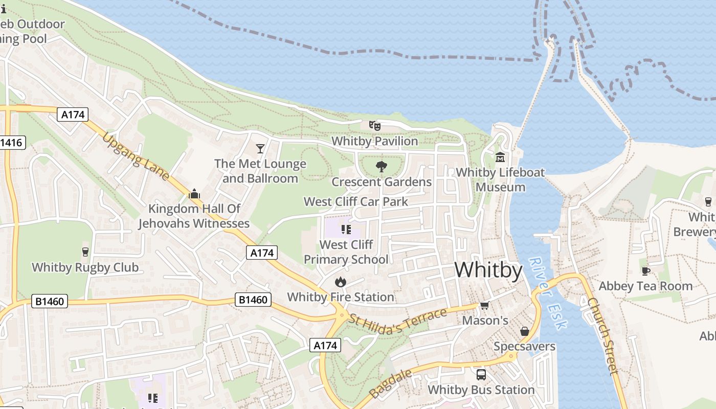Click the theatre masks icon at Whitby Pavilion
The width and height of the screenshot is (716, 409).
click(x=375, y=125)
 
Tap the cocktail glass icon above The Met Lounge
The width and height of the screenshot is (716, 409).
click(x=260, y=148)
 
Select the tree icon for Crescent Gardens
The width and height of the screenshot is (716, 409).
click(x=381, y=166)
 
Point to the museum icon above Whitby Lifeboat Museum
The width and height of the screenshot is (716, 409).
click(x=500, y=157)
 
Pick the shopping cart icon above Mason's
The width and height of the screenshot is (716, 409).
click(x=484, y=305)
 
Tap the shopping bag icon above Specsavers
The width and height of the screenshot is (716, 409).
click(x=524, y=331)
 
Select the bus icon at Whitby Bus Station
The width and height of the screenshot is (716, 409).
click(x=481, y=374)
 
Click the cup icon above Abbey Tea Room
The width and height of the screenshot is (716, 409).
click(x=645, y=270)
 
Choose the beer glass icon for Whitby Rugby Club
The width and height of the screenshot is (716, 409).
click(x=85, y=252)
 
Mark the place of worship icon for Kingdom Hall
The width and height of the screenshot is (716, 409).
click(x=194, y=194)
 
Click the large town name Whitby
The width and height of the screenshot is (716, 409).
click(x=488, y=270)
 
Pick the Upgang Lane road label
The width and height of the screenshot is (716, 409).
click(x=136, y=156)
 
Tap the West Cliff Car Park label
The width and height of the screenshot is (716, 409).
click(x=356, y=201)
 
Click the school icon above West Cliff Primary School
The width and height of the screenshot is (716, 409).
click(x=346, y=229)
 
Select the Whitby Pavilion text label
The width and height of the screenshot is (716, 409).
click(x=374, y=141)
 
